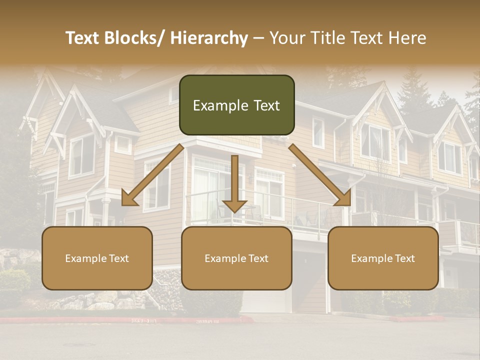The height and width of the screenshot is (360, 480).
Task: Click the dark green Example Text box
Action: click(236, 105)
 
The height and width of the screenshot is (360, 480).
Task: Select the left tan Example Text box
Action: click(97, 258)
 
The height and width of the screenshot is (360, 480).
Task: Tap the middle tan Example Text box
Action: click(236, 258)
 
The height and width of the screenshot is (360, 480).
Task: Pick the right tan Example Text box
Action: click(383, 258)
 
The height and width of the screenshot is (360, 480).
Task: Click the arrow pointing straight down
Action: click(234, 185)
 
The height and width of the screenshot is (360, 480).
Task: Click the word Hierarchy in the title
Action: click(209, 38)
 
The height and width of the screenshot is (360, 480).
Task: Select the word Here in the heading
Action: click(407, 38)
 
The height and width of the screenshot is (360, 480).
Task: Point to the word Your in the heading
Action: click(285, 38)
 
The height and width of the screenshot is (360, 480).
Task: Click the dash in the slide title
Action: click(258, 38)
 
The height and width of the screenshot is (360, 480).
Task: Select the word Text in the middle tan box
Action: click(258, 258)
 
